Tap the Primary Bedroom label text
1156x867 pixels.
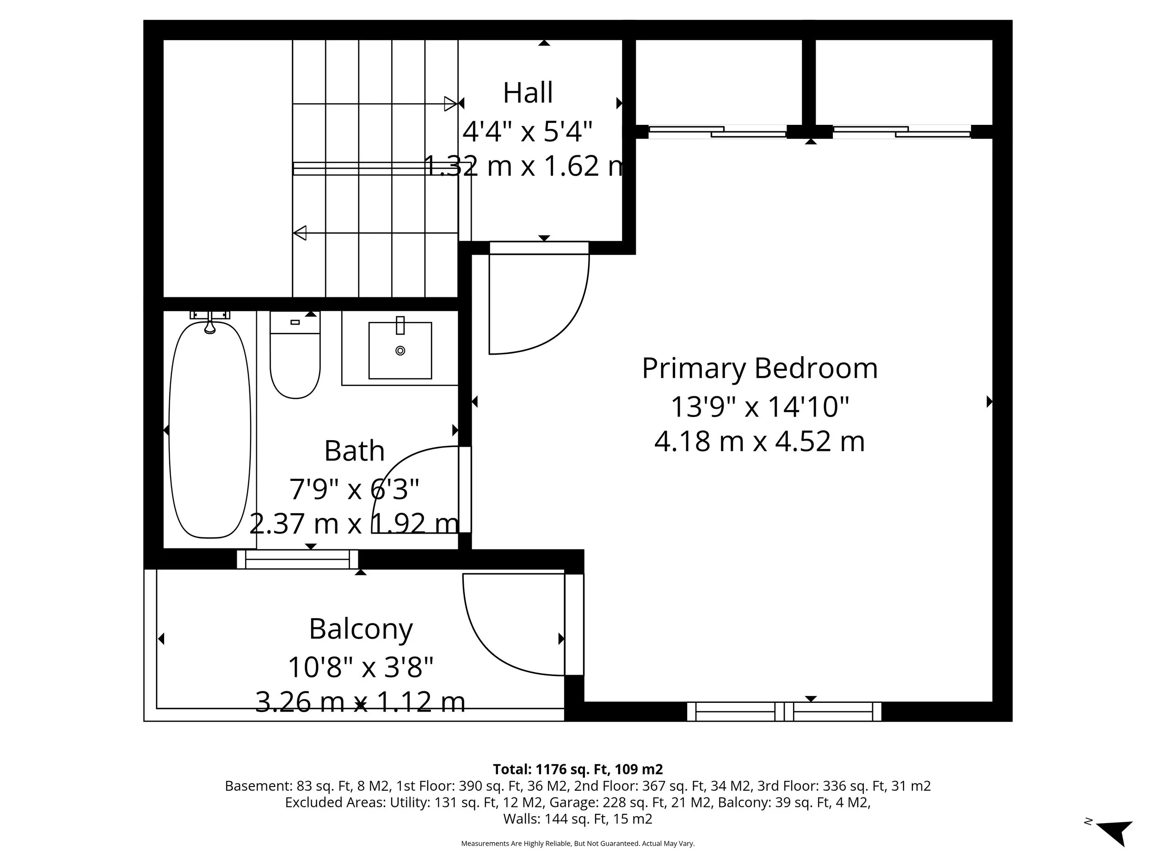pyautogui.click(x=759, y=368)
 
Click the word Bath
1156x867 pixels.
pyautogui.click(x=354, y=450)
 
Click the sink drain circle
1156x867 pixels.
pyautogui.click(x=400, y=350)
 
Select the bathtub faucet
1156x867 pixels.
pyautogui.click(x=209, y=325)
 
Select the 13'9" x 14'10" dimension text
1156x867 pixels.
pyautogui.click(x=759, y=406)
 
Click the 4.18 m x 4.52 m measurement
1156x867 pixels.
pyautogui.click(x=759, y=441)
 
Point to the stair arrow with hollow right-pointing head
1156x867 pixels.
pyautogui.click(x=450, y=104)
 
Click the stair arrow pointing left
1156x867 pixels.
pyautogui.click(x=300, y=233)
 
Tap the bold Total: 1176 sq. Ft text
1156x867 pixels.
pyautogui.click(x=578, y=769)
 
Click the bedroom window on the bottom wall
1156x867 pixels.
pyautogui.click(x=784, y=711)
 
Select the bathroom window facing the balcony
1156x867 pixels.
pyautogui.click(x=297, y=559)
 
